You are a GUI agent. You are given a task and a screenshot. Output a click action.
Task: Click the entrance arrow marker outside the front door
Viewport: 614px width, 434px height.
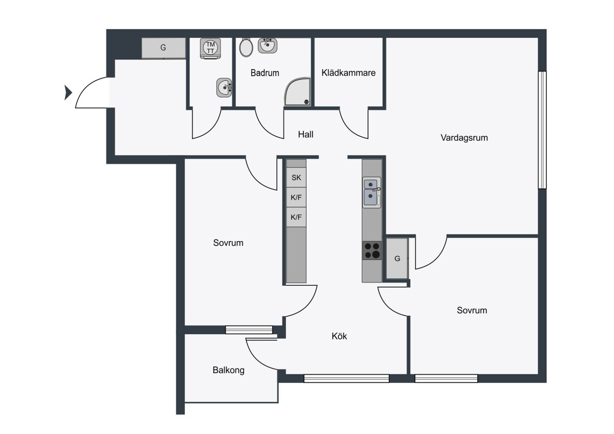pos(68,93)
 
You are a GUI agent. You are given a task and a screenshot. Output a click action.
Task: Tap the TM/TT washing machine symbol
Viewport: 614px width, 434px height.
pos(210,48)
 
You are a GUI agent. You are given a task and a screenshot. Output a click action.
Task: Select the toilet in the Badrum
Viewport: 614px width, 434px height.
pos(246,48)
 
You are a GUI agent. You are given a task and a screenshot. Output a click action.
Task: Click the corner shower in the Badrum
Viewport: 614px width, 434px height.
pos(298,92)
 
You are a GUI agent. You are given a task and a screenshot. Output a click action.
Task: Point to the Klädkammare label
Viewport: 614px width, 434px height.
pos(348,73)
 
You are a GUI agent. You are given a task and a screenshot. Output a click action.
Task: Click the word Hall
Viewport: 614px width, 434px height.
pos(305,134)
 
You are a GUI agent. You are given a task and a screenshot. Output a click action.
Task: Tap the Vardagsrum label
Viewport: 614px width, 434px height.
pos(464,138)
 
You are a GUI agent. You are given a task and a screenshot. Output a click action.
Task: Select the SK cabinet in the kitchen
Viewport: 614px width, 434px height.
pos(296,178)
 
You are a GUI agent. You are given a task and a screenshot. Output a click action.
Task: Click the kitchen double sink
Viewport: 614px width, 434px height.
pos(371,192)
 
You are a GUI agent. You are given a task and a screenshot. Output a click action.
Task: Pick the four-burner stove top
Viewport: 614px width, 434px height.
pos(372,250)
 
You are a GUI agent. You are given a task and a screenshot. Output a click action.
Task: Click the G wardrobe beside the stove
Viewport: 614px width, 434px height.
pos(397,258)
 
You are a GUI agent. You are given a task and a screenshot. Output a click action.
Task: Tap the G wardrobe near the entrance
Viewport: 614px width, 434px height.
pos(163,48)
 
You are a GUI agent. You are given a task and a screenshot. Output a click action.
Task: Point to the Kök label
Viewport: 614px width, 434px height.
pos(339,336)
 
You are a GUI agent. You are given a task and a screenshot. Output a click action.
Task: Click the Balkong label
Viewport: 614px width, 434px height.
pos(228,370)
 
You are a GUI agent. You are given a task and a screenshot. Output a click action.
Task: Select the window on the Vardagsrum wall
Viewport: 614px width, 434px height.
pos(542,130)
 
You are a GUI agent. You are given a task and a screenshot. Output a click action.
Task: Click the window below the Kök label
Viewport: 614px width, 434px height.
pos(346,378)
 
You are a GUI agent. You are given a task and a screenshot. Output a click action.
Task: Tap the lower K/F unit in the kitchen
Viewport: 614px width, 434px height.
pos(296,217)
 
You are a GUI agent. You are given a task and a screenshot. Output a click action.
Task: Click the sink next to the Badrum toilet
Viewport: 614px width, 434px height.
pos(267,45)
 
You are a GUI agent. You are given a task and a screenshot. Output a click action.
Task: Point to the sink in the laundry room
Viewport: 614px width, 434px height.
pos(224,88)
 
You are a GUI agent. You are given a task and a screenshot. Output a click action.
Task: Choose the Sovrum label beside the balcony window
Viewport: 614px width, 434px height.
pos(228,243)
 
